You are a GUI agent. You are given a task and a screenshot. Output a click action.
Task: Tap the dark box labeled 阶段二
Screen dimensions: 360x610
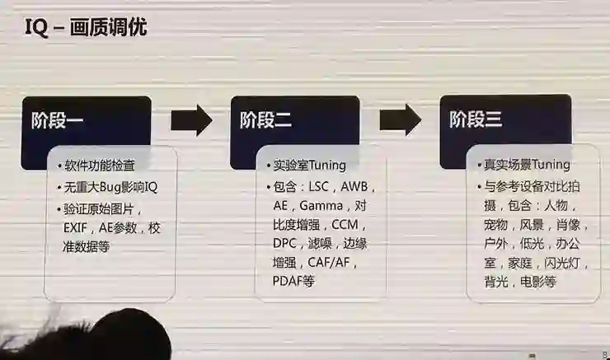coord(294,121)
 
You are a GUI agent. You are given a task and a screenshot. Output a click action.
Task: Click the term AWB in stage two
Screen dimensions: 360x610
coord(355,186)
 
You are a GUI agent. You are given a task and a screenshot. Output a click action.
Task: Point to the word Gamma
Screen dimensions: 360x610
coord(320,205)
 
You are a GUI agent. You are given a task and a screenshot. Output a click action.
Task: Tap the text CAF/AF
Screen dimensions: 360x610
coord(332,263)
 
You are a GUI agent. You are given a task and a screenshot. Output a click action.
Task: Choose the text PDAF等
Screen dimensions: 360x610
coord(293,282)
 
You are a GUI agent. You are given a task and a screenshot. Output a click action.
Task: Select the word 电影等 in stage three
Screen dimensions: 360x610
coord(537,282)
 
